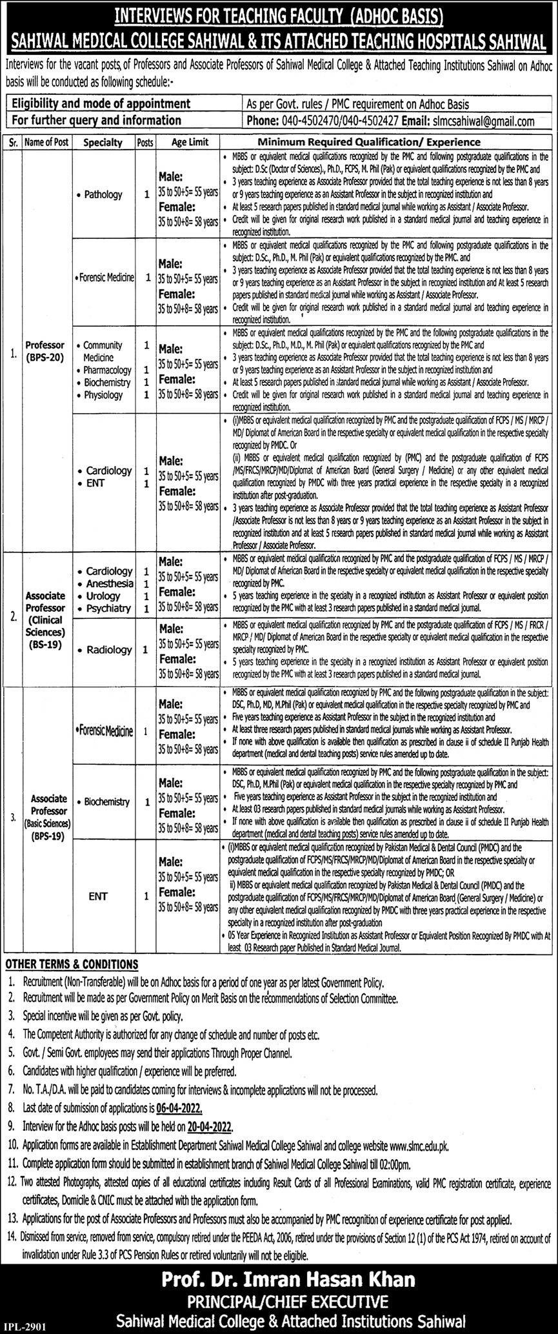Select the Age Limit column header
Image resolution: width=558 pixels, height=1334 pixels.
(x=190, y=142)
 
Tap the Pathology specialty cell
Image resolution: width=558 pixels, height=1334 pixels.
(x=103, y=194)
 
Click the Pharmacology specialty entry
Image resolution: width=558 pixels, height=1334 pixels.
(x=107, y=370)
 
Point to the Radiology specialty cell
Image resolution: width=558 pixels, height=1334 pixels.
(x=108, y=650)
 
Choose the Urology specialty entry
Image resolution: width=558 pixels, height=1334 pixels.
(x=103, y=596)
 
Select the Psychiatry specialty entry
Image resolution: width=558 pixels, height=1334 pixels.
(x=108, y=608)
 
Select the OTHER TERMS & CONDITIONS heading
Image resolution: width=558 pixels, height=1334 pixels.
(x=72, y=964)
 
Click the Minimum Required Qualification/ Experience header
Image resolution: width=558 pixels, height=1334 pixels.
(x=370, y=142)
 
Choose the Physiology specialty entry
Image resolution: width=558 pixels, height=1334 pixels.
(x=103, y=394)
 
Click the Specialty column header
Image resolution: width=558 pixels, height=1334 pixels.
(x=103, y=142)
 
